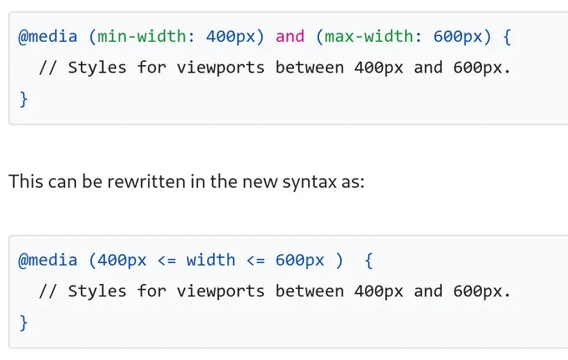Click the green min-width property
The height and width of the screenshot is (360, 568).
pyautogui.click(x=142, y=37)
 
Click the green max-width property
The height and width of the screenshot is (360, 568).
pyautogui.click(x=368, y=37)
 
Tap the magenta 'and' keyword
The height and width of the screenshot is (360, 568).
pyautogui.click(x=290, y=37)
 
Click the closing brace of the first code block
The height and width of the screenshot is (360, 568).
pyautogui.click(x=23, y=99)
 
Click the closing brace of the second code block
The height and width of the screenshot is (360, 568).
pyautogui.click(x=23, y=322)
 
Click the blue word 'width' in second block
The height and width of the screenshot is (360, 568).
pyautogui.click(x=210, y=260)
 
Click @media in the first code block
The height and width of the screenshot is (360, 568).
pyautogui.click(x=48, y=37)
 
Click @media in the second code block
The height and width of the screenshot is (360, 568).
pyautogui.click(x=48, y=260)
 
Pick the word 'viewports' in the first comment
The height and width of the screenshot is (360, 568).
pyautogui.click(x=221, y=68)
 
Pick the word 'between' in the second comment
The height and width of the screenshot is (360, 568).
pyautogui.click(x=309, y=292)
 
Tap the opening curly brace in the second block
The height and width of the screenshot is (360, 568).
pyautogui.click(x=368, y=261)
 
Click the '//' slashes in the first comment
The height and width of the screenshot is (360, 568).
pyautogui.click(x=48, y=68)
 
